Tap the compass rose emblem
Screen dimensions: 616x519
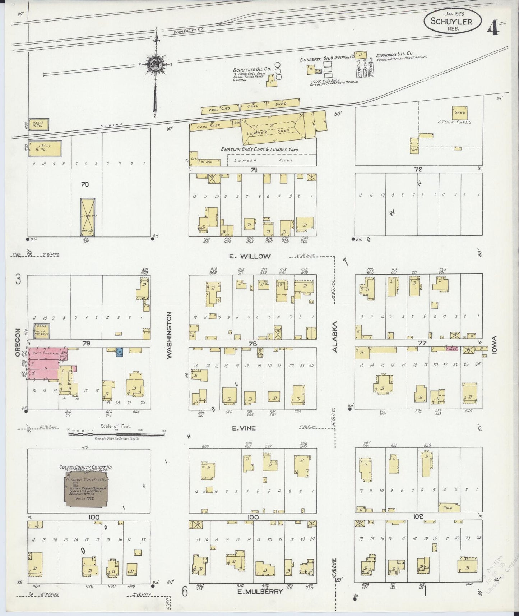(x=156, y=65)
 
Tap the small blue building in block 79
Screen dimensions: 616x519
(x=119, y=352)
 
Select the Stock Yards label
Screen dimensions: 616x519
(x=454, y=122)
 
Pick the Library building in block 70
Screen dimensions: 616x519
(x=88, y=217)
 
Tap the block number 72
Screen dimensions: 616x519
(x=418, y=169)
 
